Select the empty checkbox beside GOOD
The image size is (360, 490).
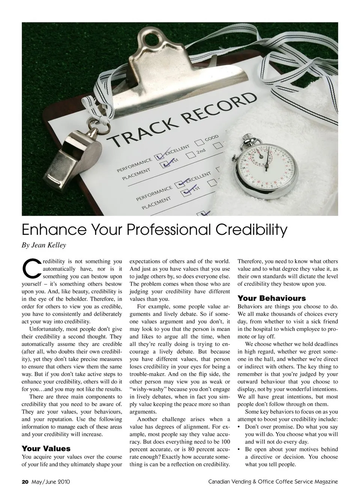199,142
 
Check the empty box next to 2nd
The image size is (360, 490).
191,154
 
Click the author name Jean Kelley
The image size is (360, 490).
49,245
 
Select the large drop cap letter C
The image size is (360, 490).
31,270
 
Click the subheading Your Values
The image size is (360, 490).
46,448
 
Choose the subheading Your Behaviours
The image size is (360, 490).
272,298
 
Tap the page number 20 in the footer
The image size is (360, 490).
25,482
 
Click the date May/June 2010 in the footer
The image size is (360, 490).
51,482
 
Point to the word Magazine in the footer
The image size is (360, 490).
325,482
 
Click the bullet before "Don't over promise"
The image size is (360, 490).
240,427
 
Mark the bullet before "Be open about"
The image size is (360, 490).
240,450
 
